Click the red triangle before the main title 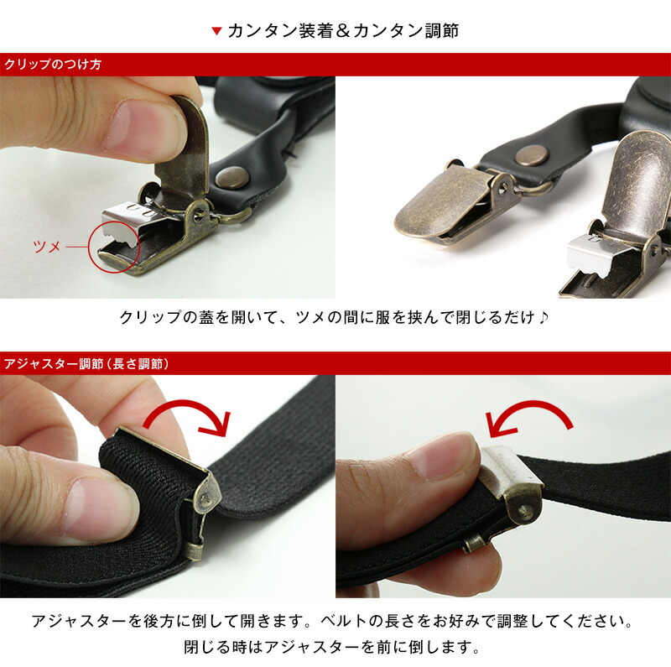tap(216, 32)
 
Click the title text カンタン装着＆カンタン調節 tap(343, 31)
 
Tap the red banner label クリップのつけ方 tap(52, 65)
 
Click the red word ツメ tap(45, 247)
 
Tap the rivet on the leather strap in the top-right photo tap(530, 154)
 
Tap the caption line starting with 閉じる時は tap(335, 648)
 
